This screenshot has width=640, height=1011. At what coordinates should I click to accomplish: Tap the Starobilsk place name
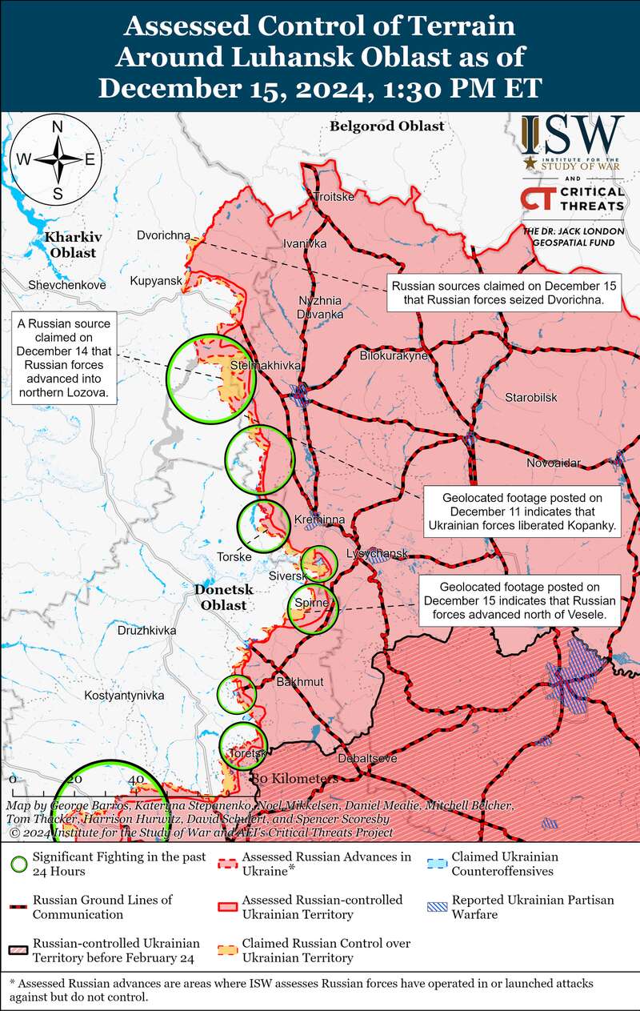click(530, 398)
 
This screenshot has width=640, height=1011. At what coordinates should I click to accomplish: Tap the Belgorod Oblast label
click(386, 126)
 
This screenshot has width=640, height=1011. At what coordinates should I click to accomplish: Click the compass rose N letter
click(58, 126)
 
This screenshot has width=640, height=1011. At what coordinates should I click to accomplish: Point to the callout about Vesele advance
click(521, 602)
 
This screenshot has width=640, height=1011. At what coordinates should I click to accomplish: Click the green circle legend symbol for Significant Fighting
click(18, 863)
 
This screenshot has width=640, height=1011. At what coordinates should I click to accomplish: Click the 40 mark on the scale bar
click(135, 780)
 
